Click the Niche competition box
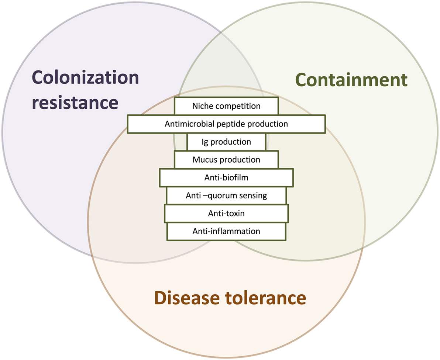click(x=226, y=106)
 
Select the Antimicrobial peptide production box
click(x=226, y=124)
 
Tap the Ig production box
click(x=226, y=142)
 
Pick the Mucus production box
click(x=226, y=160)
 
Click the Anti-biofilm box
click(x=226, y=177)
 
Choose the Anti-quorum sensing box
click(x=226, y=195)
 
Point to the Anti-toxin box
click(x=226, y=214)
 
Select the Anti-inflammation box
click(x=226, y=231)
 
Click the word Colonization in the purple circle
click(x=86, y=78)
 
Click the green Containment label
click(x=351, y=80)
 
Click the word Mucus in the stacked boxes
click(x=203, y=160)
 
